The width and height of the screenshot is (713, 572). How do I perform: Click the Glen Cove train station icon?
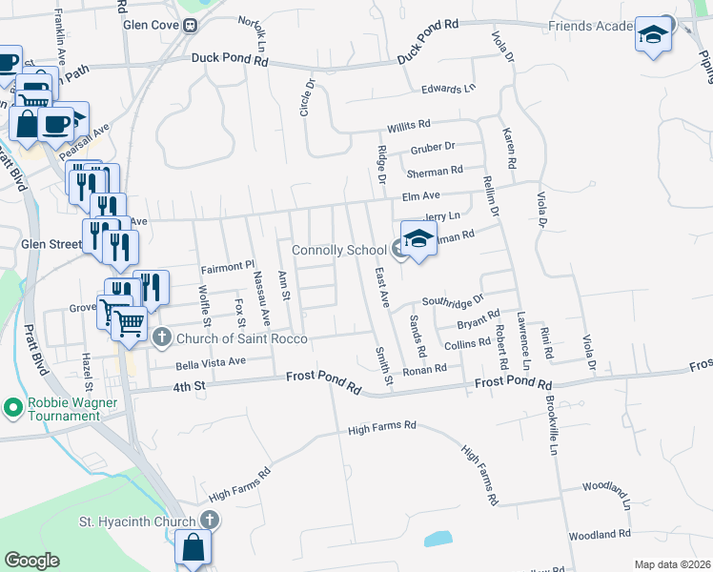tap(191, 26)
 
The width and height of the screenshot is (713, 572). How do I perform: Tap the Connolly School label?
tap(338, 251)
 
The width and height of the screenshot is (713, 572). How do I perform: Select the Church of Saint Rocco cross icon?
tap(162, 337)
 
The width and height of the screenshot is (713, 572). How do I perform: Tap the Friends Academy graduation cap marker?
tap(653, 35)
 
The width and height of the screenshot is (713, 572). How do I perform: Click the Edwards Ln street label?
tap(449, 90)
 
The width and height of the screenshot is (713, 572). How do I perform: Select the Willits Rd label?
tap(409, 124)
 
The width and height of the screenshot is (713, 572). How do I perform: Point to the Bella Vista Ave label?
tap(211, 362)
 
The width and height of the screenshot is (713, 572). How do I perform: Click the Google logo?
tap(31, 561)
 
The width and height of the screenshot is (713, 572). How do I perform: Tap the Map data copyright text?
tap(672, 564)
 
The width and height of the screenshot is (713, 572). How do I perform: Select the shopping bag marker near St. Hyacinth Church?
tap(193, 547)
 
